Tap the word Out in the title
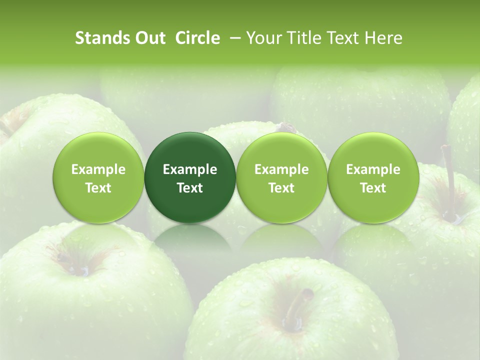149,38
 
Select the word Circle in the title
198,38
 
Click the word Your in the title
264,38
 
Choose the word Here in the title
383,38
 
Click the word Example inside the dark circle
190,169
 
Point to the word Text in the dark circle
190,188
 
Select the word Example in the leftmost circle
98,169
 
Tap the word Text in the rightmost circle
373,188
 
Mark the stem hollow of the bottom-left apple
80,265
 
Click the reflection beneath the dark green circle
190,240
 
